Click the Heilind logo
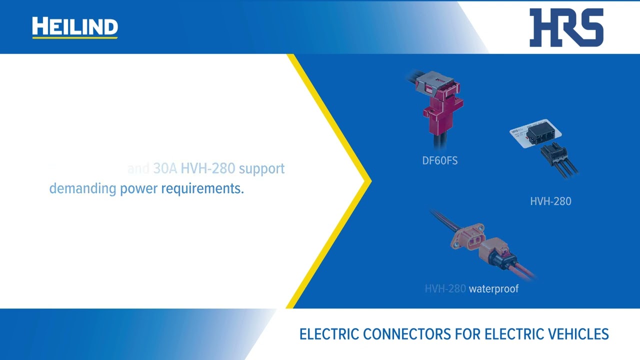75,27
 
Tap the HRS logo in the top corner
566,27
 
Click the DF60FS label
439,161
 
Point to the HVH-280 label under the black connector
550,201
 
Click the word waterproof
493,289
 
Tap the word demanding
82,189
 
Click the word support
261,169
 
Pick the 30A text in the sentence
165,169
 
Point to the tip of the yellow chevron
370,180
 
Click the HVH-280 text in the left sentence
207,169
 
